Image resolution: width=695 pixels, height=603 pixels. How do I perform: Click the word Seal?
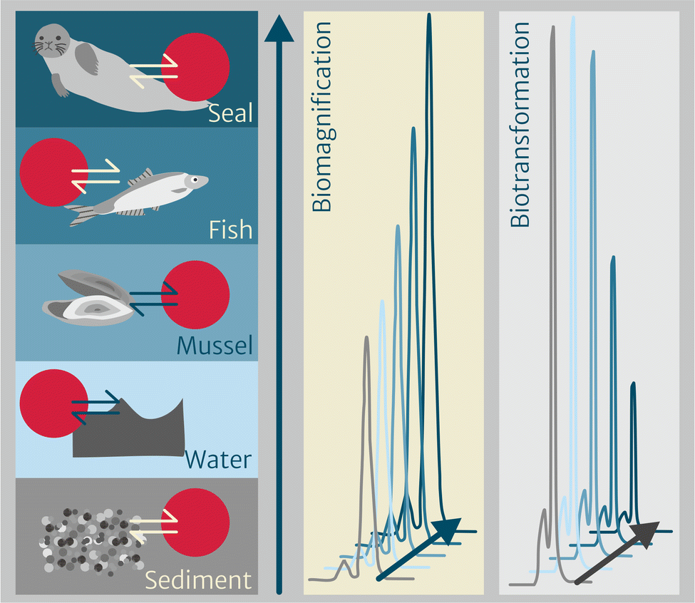[x=230, y=112]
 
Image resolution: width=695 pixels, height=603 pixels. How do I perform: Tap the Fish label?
[x=230, y=230]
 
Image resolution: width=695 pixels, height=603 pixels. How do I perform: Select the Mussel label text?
[x=215, y=346]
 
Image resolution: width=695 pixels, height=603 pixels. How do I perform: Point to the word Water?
[x=218, y=459]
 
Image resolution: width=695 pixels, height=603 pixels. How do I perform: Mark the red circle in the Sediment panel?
[x=195, y=525]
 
